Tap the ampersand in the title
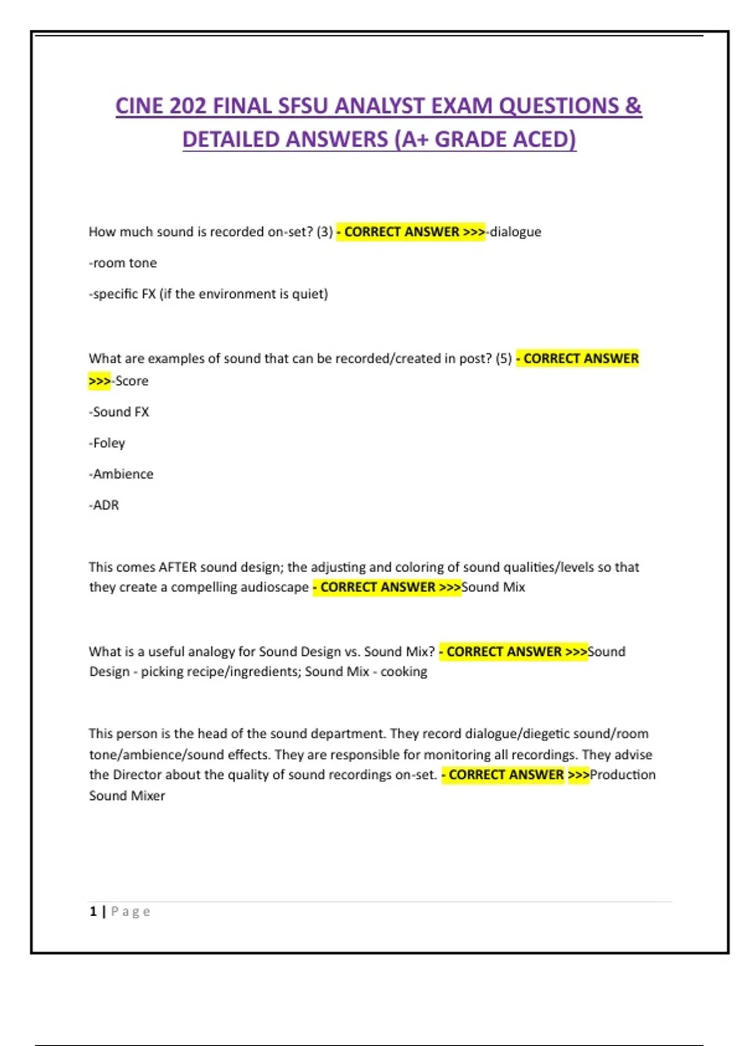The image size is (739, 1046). point(633,106)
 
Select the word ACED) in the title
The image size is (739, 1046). point(545,140)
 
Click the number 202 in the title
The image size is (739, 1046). point(188,106)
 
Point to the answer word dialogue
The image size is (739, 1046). point(515,232)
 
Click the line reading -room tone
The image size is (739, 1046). point(123,263)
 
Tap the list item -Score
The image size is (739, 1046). point(131,381)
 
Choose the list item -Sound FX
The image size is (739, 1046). point(119,412)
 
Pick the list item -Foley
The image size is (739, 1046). point(107,443)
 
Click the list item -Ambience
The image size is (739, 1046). point(121,474)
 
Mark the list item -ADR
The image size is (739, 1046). point(104,505)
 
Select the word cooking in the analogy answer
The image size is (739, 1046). point(403,671)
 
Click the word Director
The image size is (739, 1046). point(137,775)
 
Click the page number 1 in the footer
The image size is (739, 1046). point(93,911)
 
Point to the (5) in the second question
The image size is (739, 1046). point(504,359)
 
